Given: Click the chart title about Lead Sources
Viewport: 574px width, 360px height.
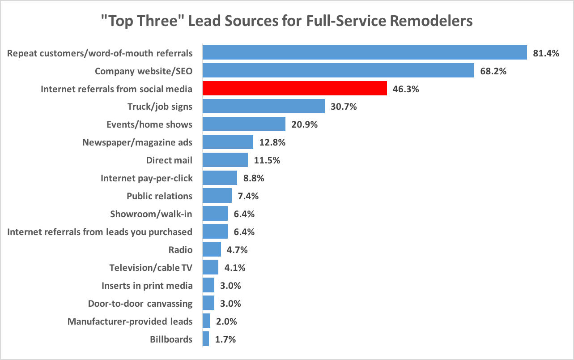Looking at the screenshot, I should point(287,21).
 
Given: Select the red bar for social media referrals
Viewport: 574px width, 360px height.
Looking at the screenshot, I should point(294,88).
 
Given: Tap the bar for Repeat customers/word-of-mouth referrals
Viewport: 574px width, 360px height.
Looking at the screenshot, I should point(364,52).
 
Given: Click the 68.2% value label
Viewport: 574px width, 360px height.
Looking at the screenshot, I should point(493,71).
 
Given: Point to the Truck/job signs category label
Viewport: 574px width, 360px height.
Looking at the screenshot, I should point(160,107).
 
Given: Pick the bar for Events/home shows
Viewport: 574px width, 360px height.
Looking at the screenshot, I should point(244,124).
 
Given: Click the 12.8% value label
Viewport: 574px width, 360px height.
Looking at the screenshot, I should point(272,142).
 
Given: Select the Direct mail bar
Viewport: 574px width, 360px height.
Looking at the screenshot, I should point(225,160).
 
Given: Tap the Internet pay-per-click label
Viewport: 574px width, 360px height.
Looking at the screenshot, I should point(146,178).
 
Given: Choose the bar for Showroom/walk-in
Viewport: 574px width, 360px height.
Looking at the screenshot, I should point(215,214).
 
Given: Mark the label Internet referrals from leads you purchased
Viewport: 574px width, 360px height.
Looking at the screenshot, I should point(100,232).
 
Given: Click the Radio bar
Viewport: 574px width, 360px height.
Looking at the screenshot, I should point(212,249).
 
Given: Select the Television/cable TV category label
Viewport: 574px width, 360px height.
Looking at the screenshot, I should point(151,268).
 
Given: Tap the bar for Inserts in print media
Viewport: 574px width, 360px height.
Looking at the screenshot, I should point(208,285).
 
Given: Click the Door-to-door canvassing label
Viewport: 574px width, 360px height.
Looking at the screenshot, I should point(140,304).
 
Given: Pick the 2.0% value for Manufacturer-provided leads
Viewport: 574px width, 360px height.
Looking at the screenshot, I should point(226,321).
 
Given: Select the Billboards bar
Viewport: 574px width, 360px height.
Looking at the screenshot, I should point(206,339).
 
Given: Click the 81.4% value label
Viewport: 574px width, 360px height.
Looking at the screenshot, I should point(546,53).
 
